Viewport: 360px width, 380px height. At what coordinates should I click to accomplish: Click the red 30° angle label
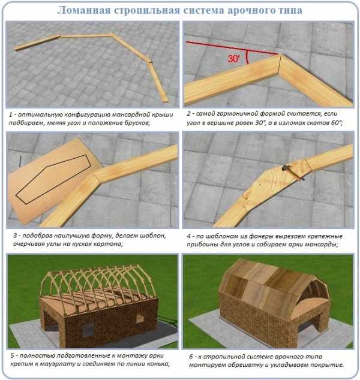coord(234,59)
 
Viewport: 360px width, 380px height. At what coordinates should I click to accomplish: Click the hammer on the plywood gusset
coord(293,172)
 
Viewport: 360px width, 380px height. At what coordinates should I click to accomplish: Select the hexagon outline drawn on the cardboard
coord(53,179)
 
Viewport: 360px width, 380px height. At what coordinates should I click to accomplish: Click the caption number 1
coord(11,114)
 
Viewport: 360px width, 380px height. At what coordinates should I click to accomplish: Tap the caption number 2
coord(188,114)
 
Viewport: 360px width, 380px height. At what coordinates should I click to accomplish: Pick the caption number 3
coord(15,236)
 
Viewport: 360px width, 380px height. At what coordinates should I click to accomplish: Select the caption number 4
coord(189,236)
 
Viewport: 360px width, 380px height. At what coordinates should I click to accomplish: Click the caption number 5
coord(13,356)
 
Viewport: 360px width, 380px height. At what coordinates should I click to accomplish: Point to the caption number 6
coord(191,357)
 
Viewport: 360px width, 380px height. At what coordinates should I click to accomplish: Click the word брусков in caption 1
coord(137,123)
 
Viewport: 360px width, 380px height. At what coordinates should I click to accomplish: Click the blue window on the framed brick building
coord(88,330)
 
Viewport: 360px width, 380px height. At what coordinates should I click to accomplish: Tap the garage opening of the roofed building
coord(306,327)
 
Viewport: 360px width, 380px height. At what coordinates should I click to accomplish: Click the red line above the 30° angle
coord(232,48)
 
